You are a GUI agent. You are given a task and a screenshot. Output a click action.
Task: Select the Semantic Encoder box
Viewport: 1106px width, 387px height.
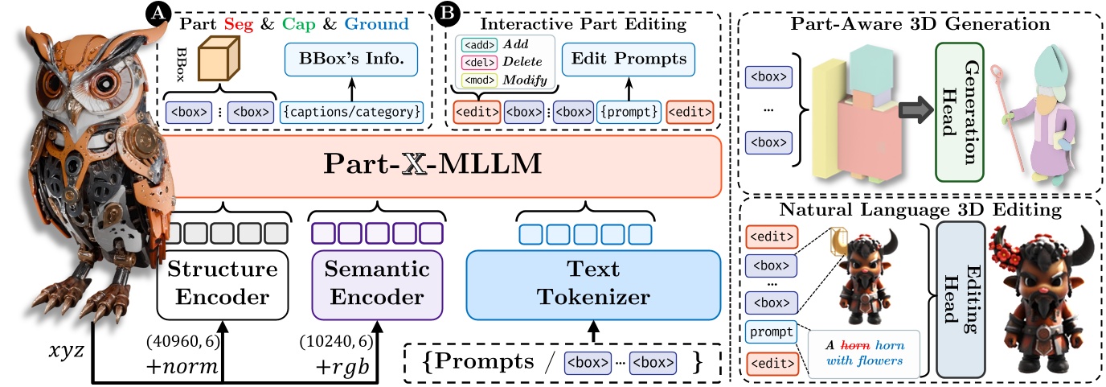point(376,285)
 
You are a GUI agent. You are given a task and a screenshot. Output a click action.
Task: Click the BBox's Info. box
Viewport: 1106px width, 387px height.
point(354,59)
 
